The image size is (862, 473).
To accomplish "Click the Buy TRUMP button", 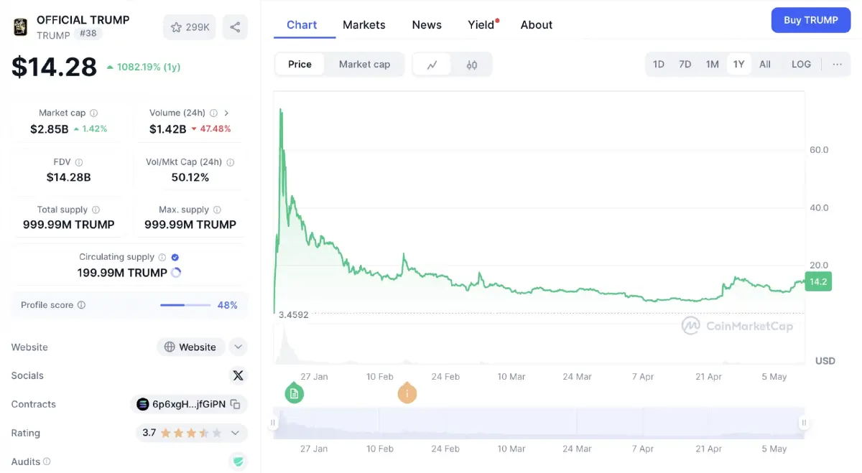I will coord(810,20).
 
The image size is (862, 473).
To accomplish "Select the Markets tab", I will coord(363,25).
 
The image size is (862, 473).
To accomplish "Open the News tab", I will coord(427,25).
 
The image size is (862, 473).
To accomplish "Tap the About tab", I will coord(537,25).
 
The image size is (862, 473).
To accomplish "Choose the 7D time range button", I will coord(685,64).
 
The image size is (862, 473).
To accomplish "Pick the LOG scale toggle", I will coord(801,64).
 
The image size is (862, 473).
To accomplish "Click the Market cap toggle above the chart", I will coord(364,64).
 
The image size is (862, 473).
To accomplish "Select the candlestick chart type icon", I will coord(472,65).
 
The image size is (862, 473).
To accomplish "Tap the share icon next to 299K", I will coord(235,27).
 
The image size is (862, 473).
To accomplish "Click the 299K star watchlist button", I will coord(190,27).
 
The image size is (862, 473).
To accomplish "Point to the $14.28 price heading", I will coord(54,67).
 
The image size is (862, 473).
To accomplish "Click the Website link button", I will coord(190,347).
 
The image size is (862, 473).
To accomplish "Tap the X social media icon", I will coord(238,375).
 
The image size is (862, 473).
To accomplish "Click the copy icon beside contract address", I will coord(235,404).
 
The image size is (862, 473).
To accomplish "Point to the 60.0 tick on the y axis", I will coord(819,150).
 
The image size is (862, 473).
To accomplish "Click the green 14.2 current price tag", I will coord(818,282).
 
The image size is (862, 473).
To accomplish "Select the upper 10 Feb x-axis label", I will coord(379,377).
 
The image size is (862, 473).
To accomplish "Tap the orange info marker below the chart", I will coord(407,393).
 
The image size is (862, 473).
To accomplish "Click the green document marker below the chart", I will coord(294,393).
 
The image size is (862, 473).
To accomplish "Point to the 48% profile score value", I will coord(227,305).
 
